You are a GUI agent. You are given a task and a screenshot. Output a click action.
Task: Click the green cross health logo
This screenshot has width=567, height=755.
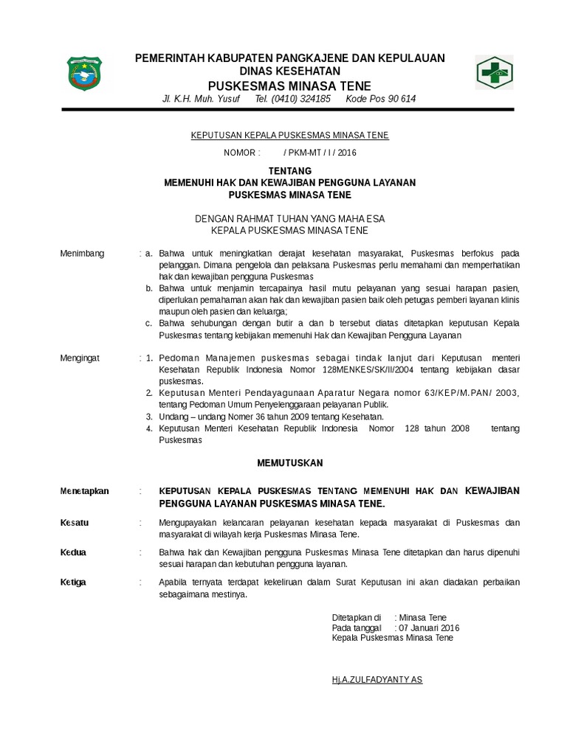point(493,72)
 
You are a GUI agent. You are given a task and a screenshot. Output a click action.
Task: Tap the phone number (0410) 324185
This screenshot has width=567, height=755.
point(292,99)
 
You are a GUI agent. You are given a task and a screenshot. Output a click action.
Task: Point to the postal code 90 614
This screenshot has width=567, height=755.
point(399,99)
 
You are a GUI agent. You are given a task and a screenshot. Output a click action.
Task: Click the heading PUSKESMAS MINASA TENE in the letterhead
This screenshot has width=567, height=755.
point(289,86)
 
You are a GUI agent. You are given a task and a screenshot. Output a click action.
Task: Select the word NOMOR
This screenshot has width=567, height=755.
point(241,153)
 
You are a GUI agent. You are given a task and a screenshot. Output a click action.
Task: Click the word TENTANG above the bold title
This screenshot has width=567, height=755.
point(289,170)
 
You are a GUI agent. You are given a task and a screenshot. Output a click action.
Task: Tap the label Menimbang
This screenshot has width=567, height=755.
point(81,254)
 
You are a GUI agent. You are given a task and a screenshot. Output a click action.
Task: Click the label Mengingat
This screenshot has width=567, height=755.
point(80,358)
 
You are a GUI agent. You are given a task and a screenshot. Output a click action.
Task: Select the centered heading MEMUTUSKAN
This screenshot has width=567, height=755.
point(289,463)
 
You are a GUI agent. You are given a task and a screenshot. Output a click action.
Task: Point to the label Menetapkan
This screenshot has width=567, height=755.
point(84,490)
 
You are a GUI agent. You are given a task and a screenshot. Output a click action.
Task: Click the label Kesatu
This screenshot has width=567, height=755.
point(74,522)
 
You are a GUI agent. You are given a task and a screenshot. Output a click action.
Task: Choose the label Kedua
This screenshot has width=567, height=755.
point(73,552)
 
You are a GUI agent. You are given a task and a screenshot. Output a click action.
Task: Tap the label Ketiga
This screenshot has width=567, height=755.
point(72,582)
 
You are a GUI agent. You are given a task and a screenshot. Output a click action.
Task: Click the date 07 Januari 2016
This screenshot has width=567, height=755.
point(429,627)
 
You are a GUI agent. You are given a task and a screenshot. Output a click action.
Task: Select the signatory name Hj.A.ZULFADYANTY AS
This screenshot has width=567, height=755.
point(377,679)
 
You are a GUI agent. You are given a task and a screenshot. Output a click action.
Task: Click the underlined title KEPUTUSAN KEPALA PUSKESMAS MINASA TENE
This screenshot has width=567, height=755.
point(289,136)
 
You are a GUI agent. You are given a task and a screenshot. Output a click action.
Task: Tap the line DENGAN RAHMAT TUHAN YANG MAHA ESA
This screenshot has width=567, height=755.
point(289,219)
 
